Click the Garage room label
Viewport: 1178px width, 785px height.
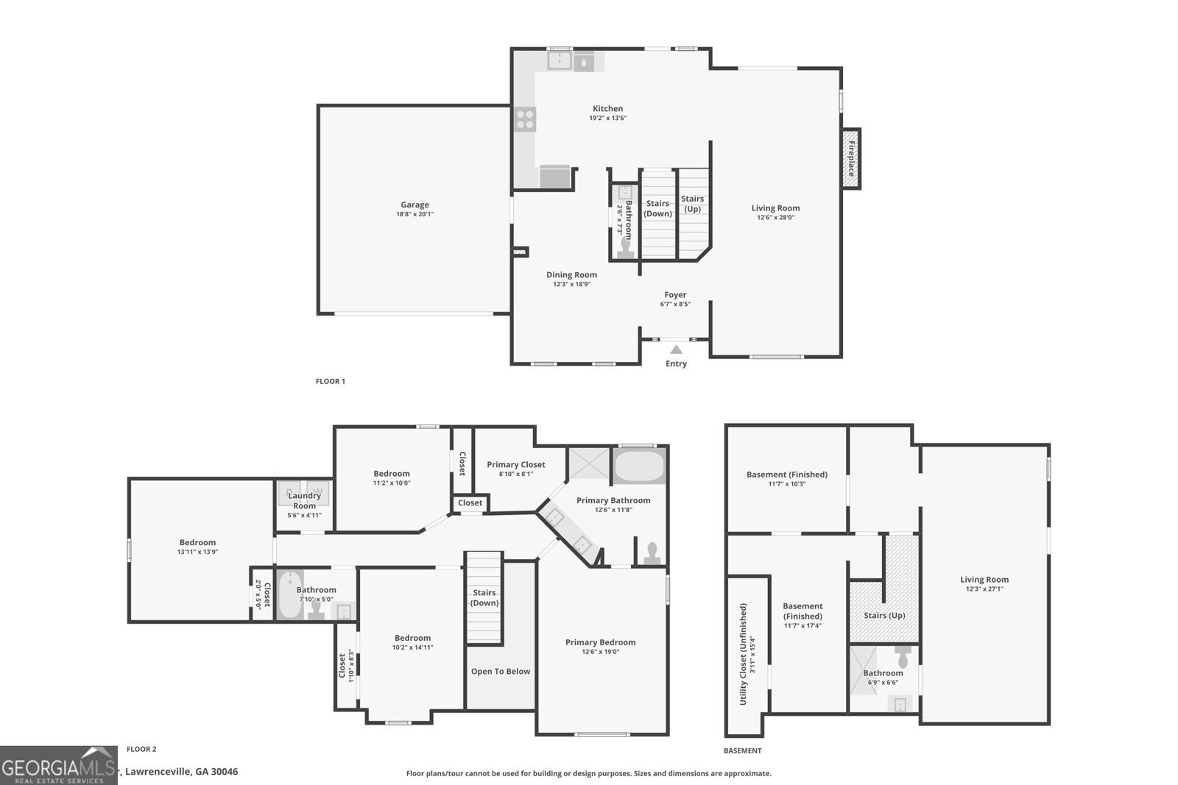point(415,205)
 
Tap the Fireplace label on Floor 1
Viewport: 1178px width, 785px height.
point(852,158)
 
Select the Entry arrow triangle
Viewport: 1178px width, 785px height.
point(676,349)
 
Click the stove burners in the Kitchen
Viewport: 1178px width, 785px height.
point(525,119)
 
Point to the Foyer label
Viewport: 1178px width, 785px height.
point(675,295)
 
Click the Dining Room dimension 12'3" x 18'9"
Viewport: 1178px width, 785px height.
point(571,284)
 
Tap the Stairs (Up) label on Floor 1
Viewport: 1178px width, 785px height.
point(692,204)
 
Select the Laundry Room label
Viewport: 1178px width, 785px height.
point(304,500)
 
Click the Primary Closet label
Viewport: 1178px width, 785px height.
point(515,464)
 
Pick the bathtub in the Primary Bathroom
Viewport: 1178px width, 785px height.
point(639,466)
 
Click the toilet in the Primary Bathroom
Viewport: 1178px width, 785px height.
point(652,553)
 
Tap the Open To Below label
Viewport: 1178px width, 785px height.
point(501,671)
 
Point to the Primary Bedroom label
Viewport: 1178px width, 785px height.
point(600,642)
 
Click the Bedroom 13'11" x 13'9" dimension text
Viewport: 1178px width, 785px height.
point(197,552)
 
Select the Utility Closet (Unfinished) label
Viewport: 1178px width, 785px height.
point(744,654)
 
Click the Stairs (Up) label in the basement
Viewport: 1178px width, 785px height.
point(884,615)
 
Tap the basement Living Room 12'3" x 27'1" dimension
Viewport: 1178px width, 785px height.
point(984,589)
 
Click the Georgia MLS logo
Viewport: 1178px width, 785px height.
point(59,765)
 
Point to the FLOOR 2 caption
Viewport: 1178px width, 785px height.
point(141,749)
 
